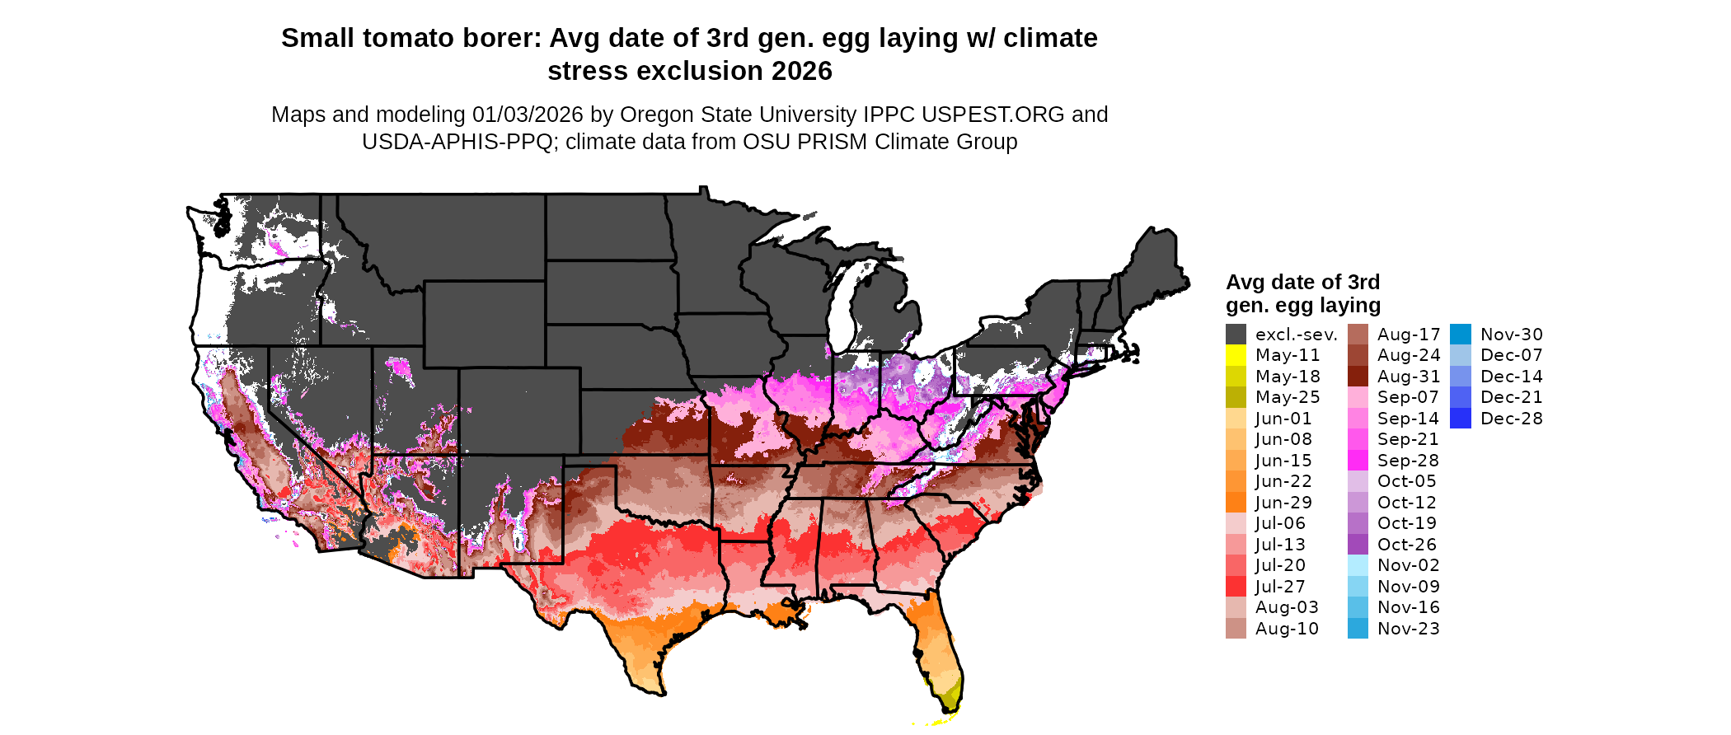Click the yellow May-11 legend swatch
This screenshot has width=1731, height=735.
(1236, 355)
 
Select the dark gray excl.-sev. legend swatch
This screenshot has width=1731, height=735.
(1236, 335)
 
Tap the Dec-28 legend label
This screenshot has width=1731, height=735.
(1511, 419)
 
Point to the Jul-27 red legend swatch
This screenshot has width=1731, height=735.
(1236, 587)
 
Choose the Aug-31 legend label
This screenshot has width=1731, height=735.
(1409, 377)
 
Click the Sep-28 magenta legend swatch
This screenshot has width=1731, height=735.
(1358, 461)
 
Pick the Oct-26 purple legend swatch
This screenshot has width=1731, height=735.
(1358, 545)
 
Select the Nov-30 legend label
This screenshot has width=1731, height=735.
(1511, 335)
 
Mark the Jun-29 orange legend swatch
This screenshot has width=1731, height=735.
(1236, 503)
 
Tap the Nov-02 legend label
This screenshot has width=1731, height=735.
(1409, 565)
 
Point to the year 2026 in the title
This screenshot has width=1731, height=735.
(802, 71)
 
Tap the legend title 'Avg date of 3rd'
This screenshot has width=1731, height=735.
(1302, 282)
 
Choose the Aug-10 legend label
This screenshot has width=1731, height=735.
(1287, 629)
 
